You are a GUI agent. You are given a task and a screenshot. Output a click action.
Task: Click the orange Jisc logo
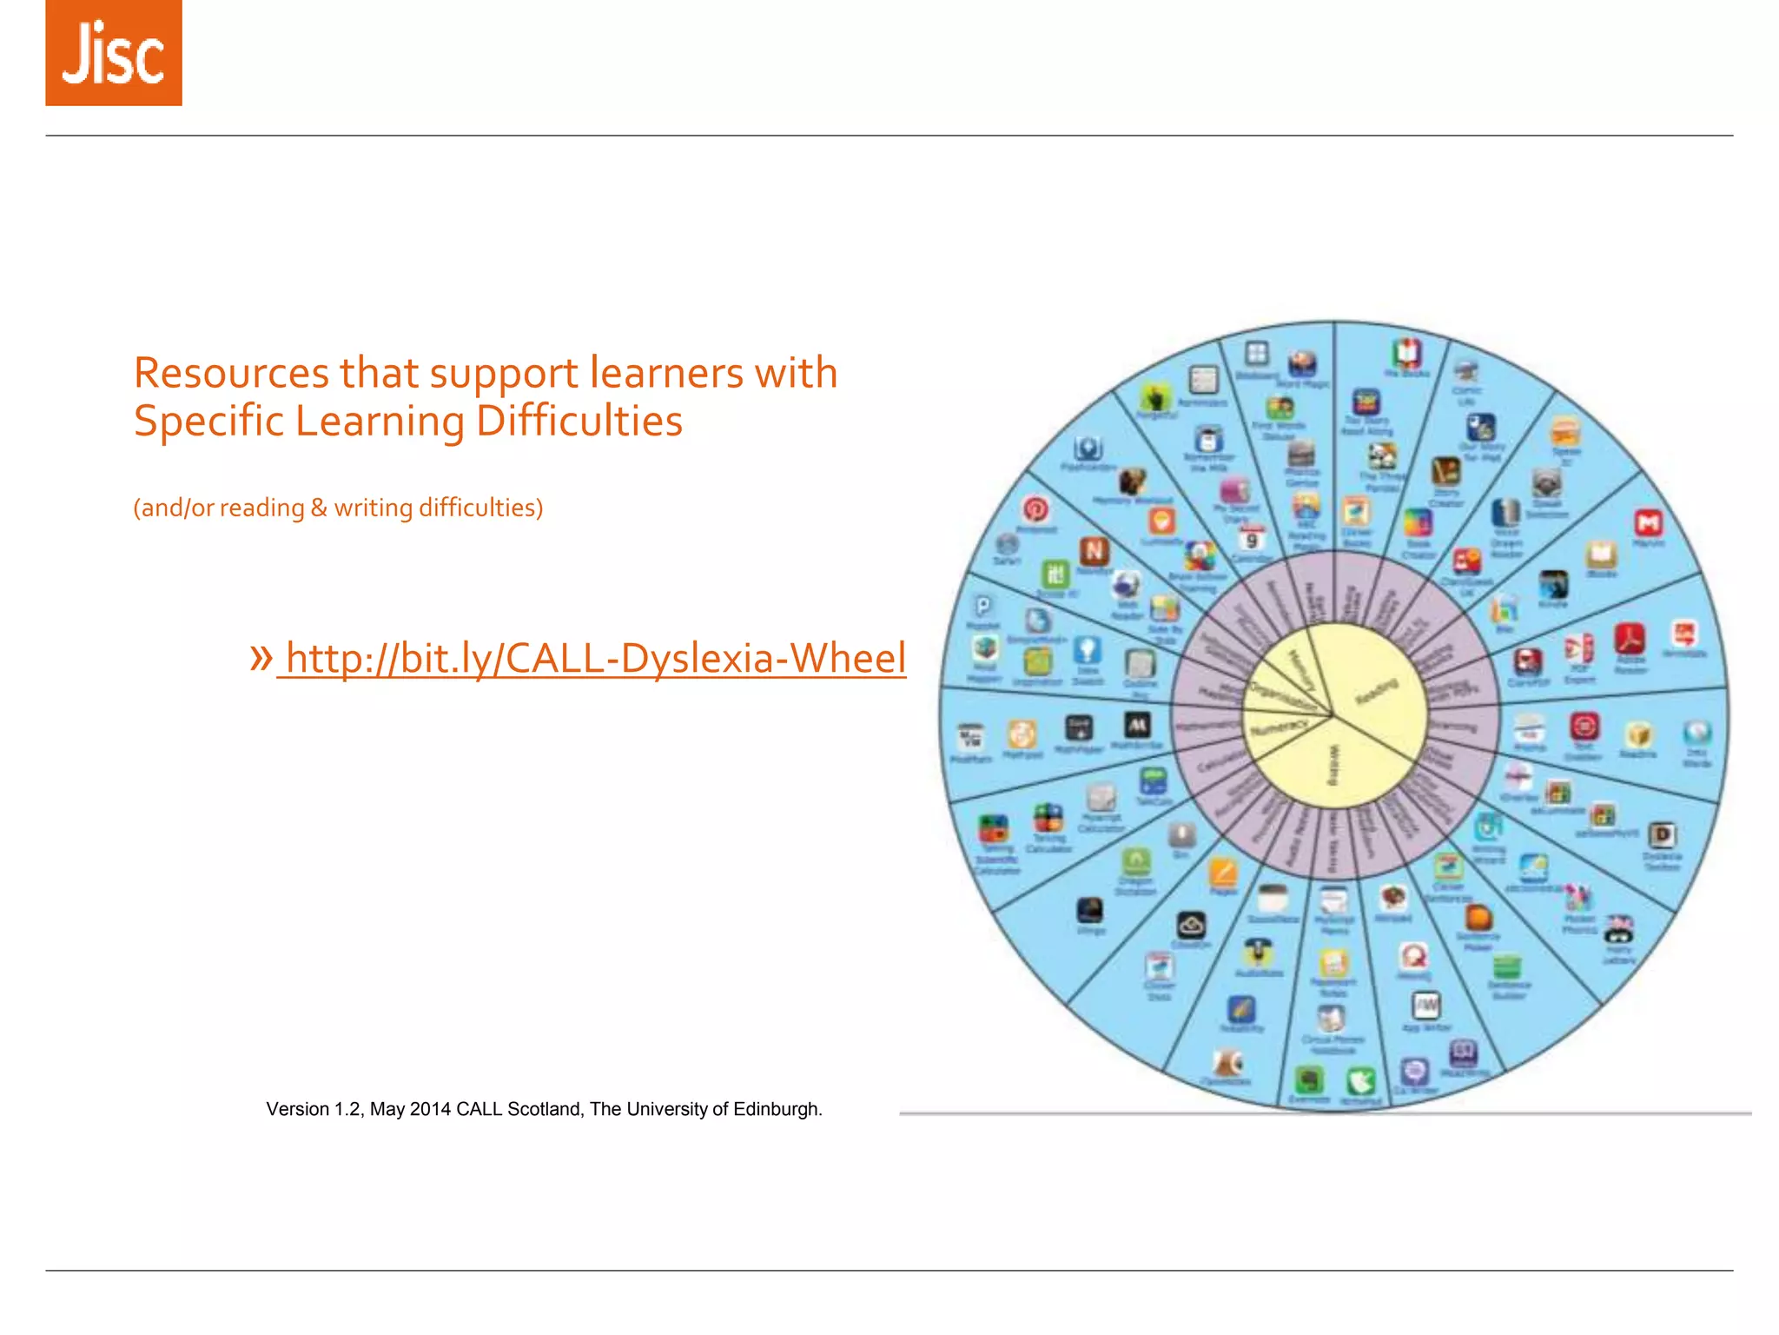point(114,53)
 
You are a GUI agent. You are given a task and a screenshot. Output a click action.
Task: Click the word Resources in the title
point(231,374)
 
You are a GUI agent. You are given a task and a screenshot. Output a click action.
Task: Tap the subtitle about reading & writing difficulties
point(338,508)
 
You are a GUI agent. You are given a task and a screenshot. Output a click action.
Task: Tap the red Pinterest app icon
point(1035,509)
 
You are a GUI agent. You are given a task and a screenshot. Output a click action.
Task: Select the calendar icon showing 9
point(1251,538)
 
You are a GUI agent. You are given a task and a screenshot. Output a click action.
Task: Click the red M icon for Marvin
point(1648,523)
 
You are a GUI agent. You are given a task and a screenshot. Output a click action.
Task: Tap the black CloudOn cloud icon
point(1191,925)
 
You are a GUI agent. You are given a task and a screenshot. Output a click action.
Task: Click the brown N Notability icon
point(1094,551)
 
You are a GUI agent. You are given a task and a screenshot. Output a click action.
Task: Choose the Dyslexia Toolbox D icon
point(1662,835)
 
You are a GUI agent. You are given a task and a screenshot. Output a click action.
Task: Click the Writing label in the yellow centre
point(1334,765)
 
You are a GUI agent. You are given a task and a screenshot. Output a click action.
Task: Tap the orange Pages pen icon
point(1223,872)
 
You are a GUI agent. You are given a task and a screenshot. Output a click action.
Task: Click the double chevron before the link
point(261,657)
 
